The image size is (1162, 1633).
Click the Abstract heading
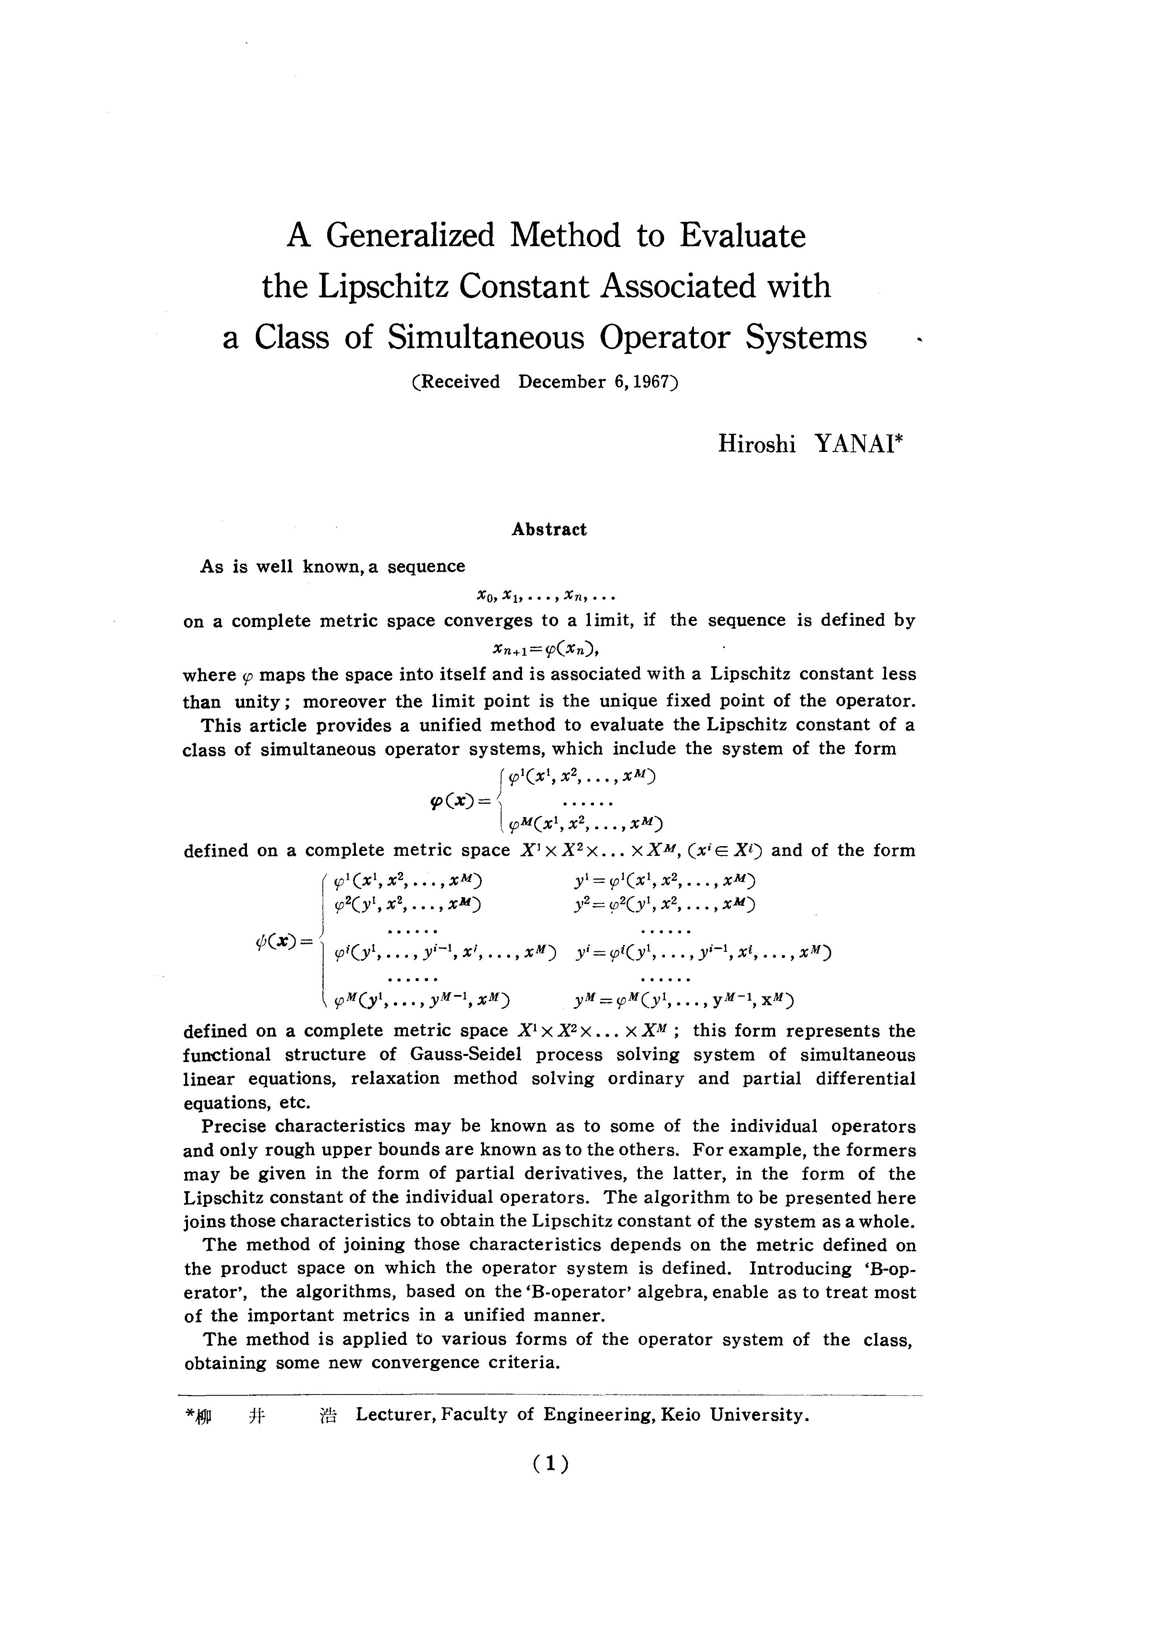click(549, 529)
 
